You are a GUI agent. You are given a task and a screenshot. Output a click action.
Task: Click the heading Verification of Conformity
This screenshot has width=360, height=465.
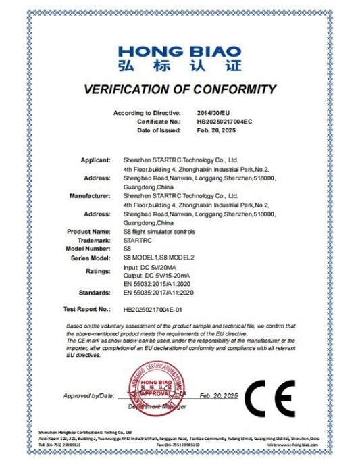pyautogui.click(x=180, y=89)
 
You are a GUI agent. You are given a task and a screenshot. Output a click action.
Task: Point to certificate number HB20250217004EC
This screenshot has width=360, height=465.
pyautogui.click(x=224, y=121)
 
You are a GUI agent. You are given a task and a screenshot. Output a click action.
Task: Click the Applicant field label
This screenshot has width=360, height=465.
pyautogui.click(x=95, y=160)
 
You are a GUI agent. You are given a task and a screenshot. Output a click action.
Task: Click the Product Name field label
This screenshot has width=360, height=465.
pyautogui.click(x=89, y=231)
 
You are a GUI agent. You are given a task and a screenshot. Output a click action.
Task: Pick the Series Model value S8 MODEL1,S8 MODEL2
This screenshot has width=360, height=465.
pyautogui.click(x=157, y=258)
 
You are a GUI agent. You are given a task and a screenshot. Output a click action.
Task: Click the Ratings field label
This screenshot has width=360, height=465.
pyautogui.click(x=97, y=271)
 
